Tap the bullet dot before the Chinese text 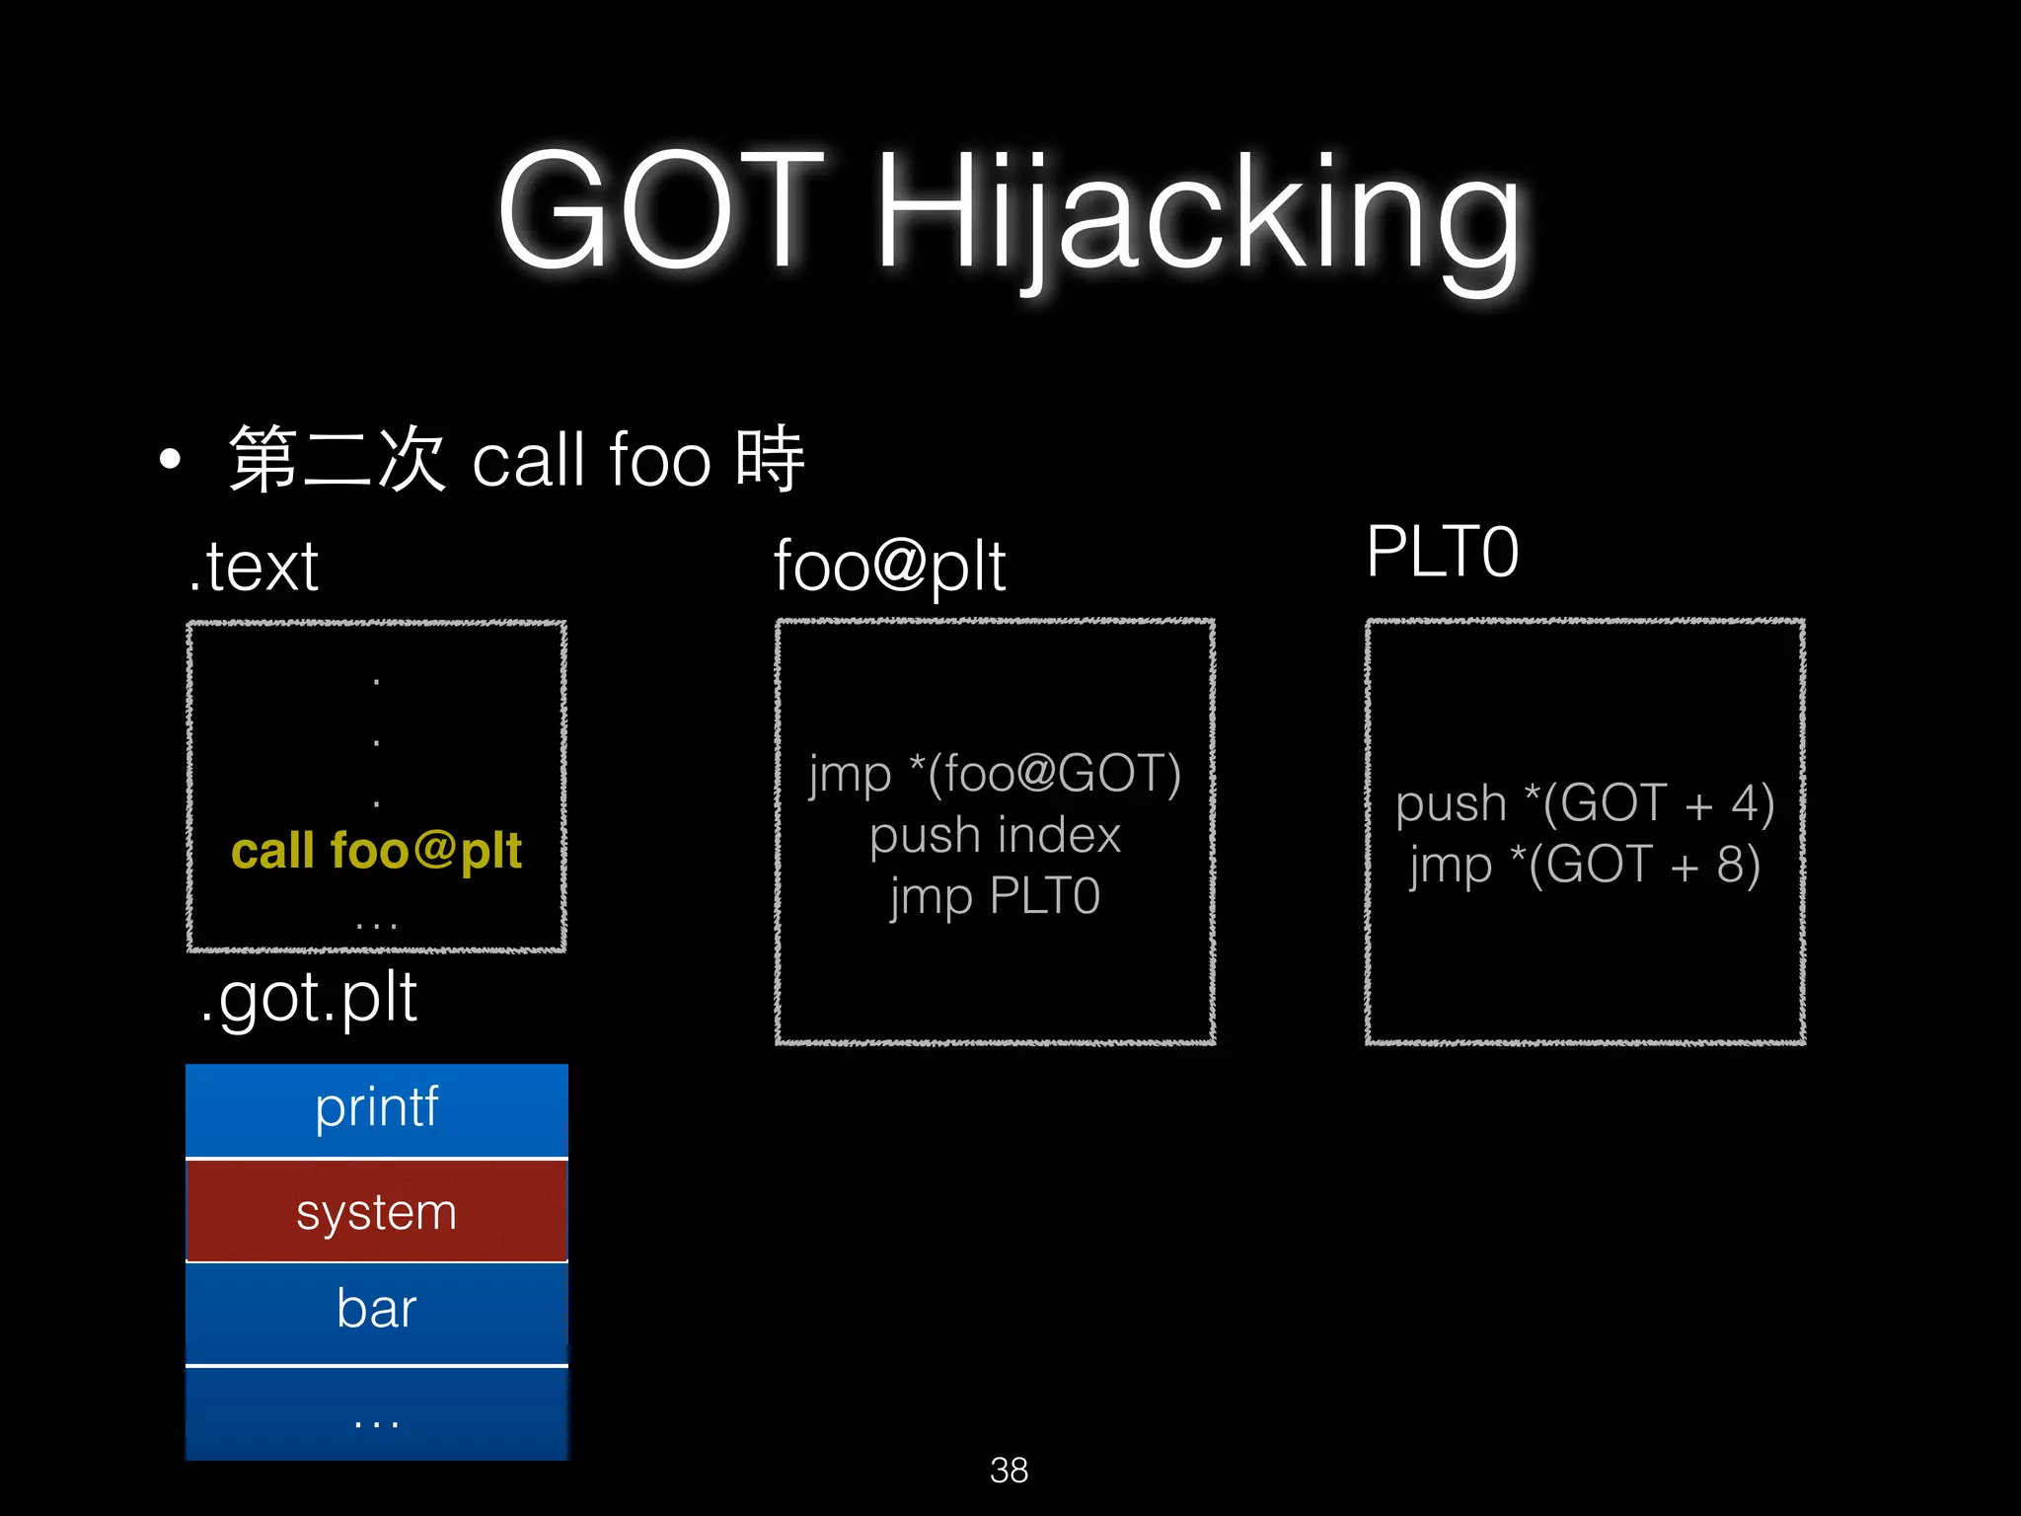point(171,459)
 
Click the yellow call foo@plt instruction point(376,851)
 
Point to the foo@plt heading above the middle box point(889,567)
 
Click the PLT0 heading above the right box point(1442,552)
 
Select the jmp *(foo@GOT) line point(995,773)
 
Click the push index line point(995,835)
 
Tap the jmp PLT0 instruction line point(995,896)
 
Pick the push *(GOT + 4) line point(1585,802)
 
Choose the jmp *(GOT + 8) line point(1585,865)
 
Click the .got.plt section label point(308,998)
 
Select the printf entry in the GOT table point(376,1107)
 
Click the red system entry point(376,1211)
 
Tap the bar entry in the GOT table point(376,1310)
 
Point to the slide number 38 point(1009,1470)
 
